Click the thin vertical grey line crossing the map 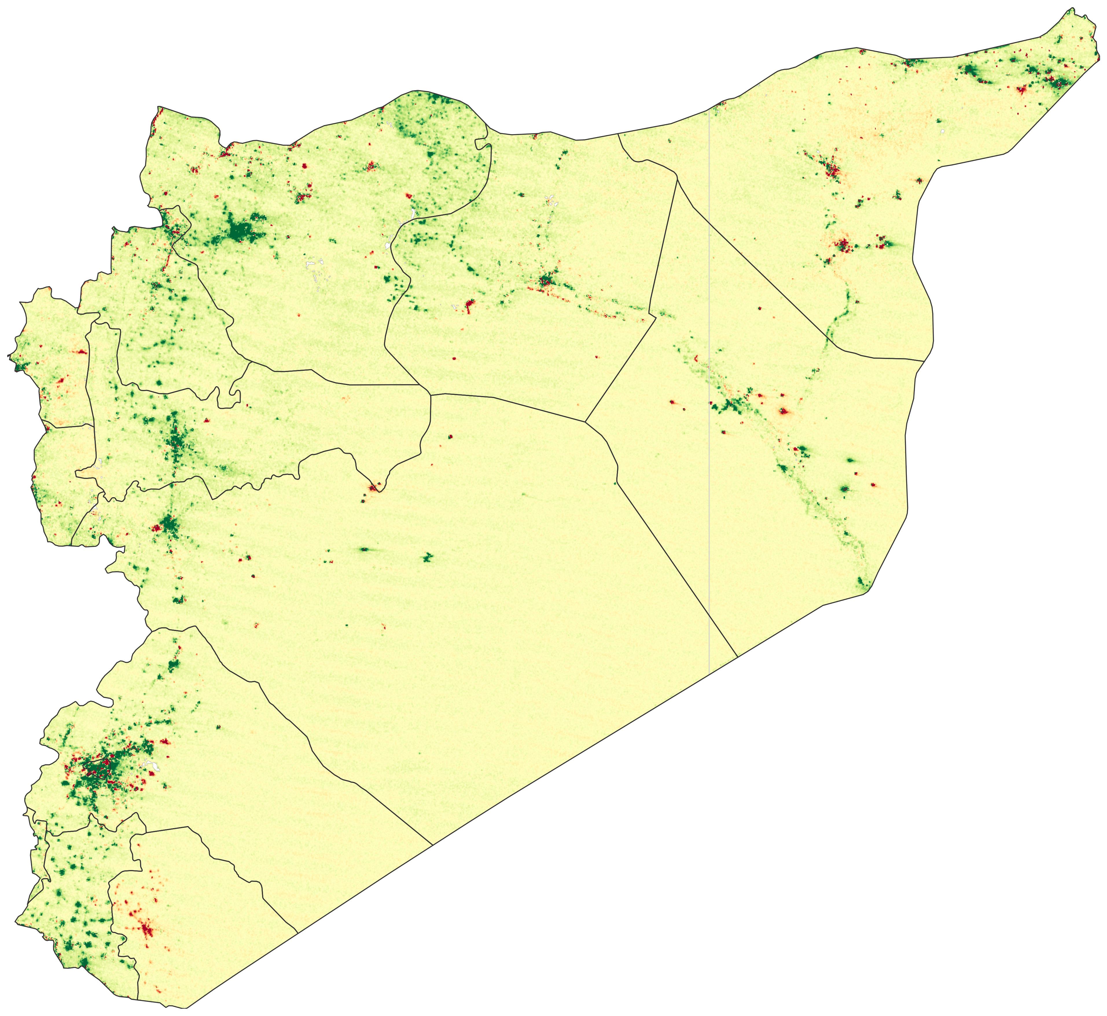709,385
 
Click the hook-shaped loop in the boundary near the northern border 481,144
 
